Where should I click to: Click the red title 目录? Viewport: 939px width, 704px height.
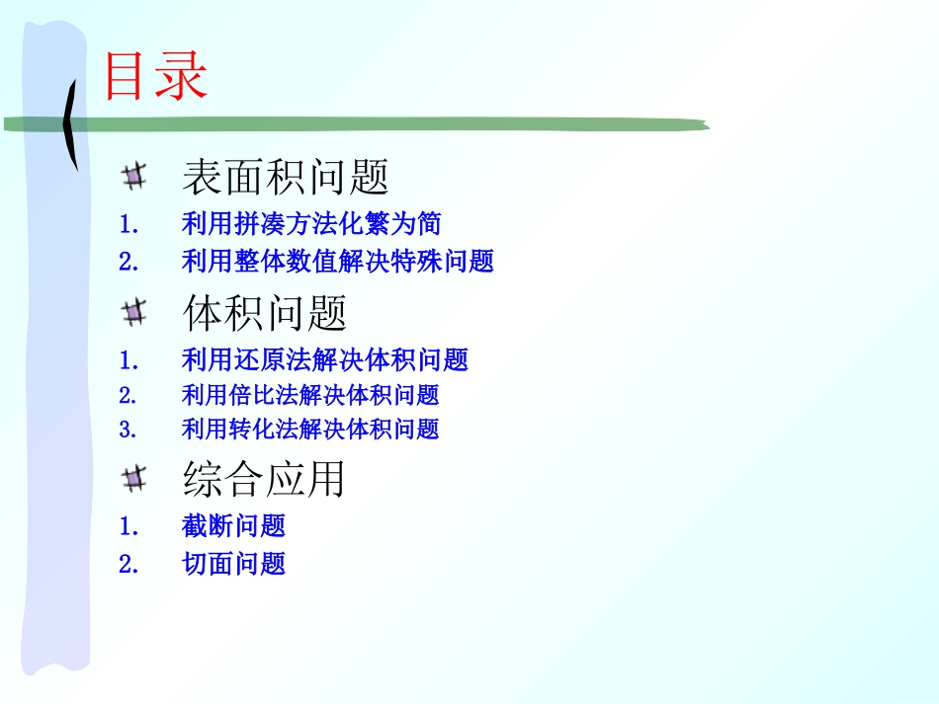[155, 76]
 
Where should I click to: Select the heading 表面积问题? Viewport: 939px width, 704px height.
[285, 177]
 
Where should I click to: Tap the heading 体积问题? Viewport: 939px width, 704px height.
[265, 314]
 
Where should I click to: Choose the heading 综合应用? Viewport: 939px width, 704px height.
[264, 479]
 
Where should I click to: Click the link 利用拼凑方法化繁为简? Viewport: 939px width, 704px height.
[311, 224]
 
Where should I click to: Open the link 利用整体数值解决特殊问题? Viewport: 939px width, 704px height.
[337, 262]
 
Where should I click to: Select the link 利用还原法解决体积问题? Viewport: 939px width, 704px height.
[324, 360]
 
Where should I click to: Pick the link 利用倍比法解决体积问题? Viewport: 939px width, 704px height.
[310, 395]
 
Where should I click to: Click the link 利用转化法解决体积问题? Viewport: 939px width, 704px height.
[310, 429]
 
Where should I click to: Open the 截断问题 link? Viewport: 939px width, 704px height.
[233, 526]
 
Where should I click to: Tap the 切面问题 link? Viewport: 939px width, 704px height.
[233, 564]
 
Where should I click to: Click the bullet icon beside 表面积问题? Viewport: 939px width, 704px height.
[134, 177]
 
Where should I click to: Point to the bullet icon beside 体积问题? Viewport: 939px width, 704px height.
[134, 314]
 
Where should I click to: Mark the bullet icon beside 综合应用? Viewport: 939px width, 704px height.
[134, 480]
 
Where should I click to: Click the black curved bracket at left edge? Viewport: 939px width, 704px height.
[70, 123]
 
